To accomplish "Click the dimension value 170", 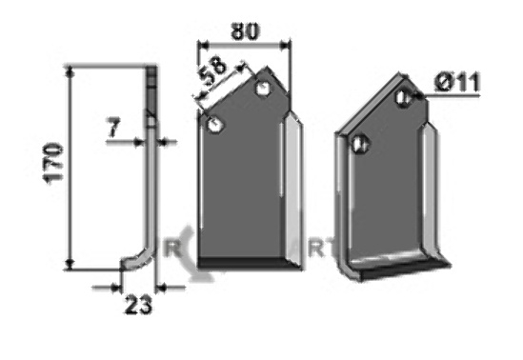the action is click(x=53, y=164).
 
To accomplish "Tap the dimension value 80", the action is click(x=245, y=31).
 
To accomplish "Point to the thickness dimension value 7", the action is click(x=113, y=128).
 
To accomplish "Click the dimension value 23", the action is click(x=138, y=305).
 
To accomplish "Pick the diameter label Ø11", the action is click(x=457, y=82).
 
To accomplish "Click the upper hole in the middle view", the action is click(x=263, y=89).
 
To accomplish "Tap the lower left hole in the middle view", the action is click(x=215, y=125).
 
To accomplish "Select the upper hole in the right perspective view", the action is click(x=403, y=97).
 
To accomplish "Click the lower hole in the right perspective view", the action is click(x=360, y=145).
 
